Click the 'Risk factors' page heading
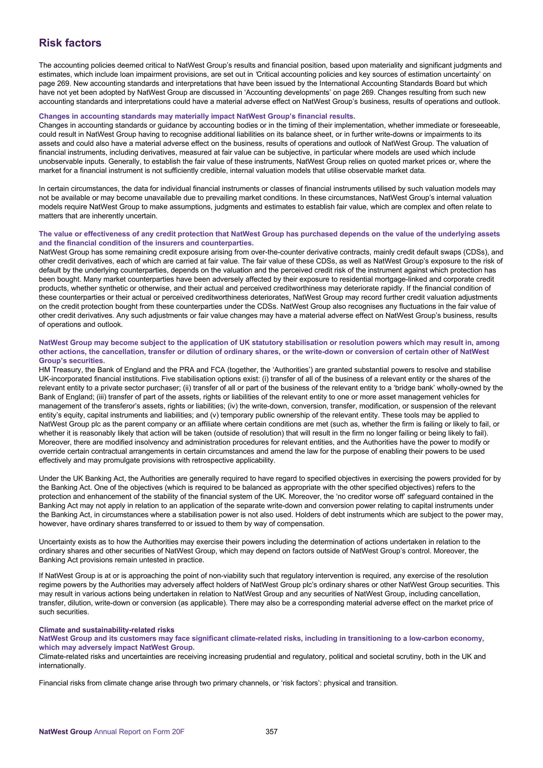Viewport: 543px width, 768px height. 70,43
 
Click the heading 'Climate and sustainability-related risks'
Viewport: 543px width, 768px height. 107,630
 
